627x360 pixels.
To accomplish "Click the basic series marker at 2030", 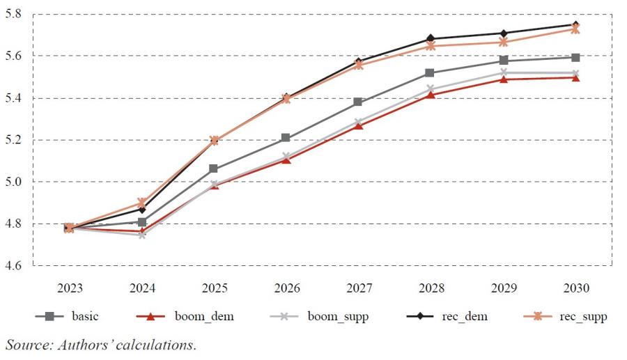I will click(x=575, y=57).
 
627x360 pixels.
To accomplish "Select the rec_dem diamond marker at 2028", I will click(x=431, y=38).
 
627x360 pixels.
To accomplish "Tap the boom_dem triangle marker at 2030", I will click(x=575, y=77).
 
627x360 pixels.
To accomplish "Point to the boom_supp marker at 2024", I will click(x=142, y=235).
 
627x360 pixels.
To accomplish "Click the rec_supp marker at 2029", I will click(x=503, y=42).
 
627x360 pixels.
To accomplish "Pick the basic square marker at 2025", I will click(x=214, y=169).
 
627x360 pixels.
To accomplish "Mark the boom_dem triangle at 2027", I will click(x=358, y=125).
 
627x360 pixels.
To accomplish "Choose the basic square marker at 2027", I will click(x=358, y=102).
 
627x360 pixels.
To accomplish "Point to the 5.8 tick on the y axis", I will click(x=14, y=14).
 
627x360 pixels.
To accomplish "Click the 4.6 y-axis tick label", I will click(x=14, y=266).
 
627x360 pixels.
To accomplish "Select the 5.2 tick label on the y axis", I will click(x=14, y=140).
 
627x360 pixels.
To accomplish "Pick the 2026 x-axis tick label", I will click(x=286, y=288).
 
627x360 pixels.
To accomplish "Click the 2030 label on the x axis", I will click(x=575, y=288).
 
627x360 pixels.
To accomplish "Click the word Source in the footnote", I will click(x=24, y=345).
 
